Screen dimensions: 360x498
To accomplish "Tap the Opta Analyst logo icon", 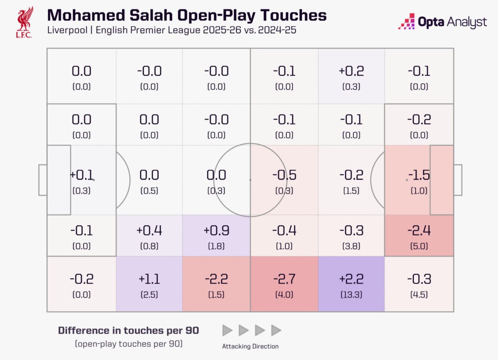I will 406,22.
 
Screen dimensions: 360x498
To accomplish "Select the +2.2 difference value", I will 351,280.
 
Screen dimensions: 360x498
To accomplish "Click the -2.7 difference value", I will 284,280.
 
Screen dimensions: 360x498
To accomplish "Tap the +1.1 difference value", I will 149,280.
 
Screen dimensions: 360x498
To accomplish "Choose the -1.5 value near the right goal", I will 419,175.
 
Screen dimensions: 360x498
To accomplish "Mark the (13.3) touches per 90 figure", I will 351,295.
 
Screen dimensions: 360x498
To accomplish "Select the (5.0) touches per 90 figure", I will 419,246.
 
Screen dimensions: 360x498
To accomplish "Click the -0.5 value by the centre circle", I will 284,175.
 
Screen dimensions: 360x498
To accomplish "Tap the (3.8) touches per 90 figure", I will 351,246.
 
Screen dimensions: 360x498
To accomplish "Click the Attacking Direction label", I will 250,346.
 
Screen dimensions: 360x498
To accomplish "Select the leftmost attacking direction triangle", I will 227,331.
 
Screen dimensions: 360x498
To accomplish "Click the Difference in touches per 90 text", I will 128,330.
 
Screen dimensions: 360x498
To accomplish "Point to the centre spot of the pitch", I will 250,180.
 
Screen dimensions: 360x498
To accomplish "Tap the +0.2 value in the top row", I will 351,71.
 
